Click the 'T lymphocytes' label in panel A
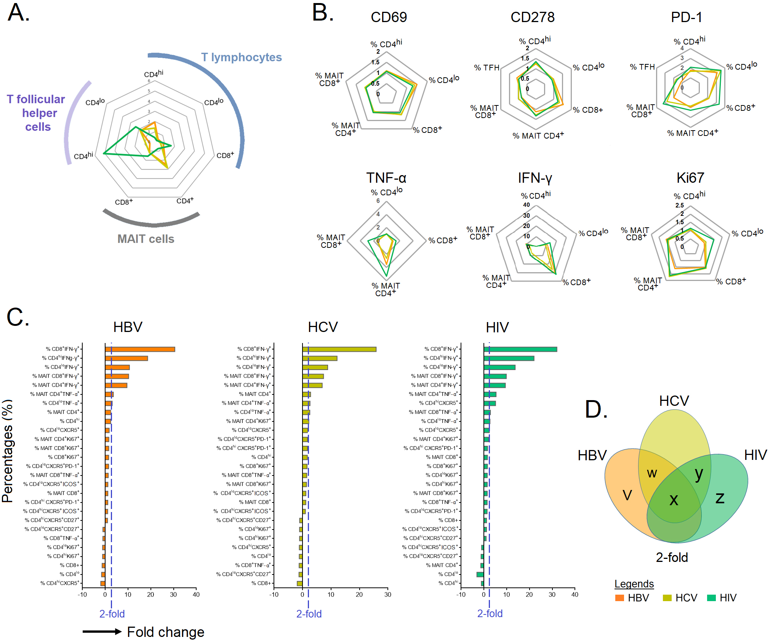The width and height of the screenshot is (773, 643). (242, 57)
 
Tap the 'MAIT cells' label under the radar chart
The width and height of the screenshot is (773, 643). (146, 239)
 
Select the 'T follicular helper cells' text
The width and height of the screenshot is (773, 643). (36, 113)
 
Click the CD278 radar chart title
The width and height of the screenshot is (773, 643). (533, 17)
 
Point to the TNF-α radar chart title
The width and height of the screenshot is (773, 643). (386, 178)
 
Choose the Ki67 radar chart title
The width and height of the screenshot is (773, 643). (690, 178)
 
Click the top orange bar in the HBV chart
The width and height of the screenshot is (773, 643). (140, 349)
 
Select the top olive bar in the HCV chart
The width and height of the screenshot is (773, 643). (339, 349)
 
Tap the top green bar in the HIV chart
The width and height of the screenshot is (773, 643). (520, 349)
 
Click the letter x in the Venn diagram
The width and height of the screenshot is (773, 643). (674, 500)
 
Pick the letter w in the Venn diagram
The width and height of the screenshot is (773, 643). (652, 473)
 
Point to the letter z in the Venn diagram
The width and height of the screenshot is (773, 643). (720, 498)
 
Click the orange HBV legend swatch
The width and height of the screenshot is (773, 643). (619, 598)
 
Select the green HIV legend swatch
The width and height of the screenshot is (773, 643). (711, 598)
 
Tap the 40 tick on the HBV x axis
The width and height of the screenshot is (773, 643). (196, 595)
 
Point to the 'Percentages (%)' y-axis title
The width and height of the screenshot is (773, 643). (8, 451)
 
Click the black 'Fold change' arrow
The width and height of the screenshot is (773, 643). (102, 632)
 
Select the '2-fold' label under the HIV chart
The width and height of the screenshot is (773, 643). (490, 614)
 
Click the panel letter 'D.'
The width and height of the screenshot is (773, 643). (596, 410)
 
